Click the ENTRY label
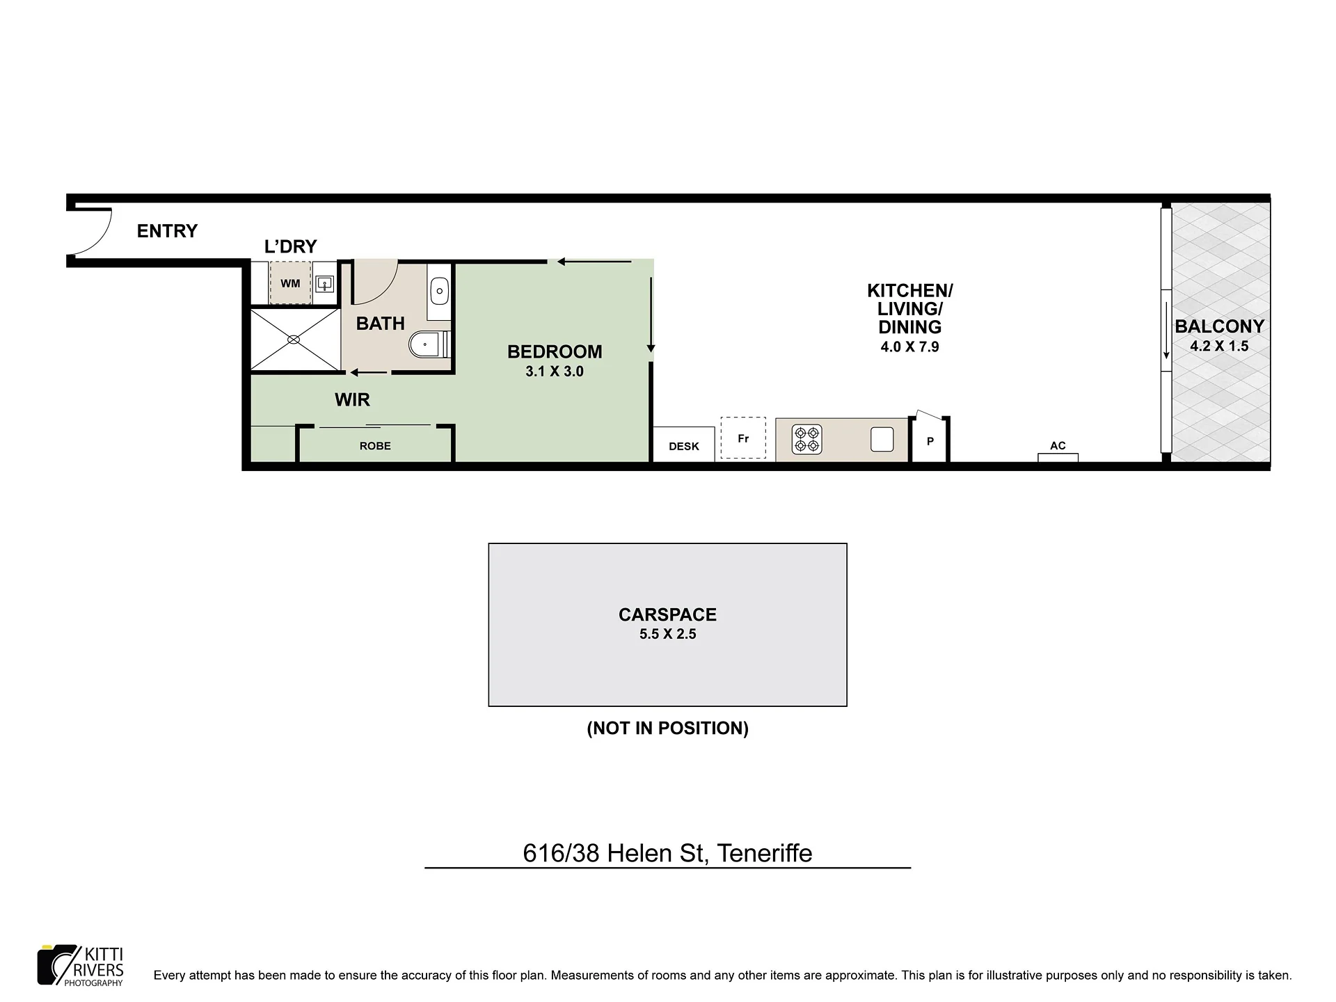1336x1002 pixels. (x=167, y=231)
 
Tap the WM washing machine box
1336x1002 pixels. (x=290, y=283)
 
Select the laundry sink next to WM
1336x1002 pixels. (x=325, y=284)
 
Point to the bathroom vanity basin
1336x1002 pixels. (x=440, y=291)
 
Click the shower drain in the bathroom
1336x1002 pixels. (x=294, y=340)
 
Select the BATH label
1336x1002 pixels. (x=381, y=324)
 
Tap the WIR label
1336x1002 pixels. (x=352, y=400)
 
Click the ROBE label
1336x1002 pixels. (x=375, y=446)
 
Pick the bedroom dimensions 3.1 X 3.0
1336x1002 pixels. (x=555, y=372)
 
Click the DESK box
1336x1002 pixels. (x=683, y=444)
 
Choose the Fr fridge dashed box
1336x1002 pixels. (x=743, y=438)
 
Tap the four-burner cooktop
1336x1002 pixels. (x=807, y=440)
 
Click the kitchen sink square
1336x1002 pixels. (x=882, y=440)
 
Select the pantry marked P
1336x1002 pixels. (x=930, y=440)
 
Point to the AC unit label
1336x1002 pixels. (x=1058, y=445)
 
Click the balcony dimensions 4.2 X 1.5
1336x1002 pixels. (x=1219, y=346)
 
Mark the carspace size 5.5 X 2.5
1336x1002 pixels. (x=668, y=634)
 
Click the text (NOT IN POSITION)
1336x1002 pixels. (x=668, y=729)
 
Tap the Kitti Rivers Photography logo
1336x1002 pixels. (x=81, y=965)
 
